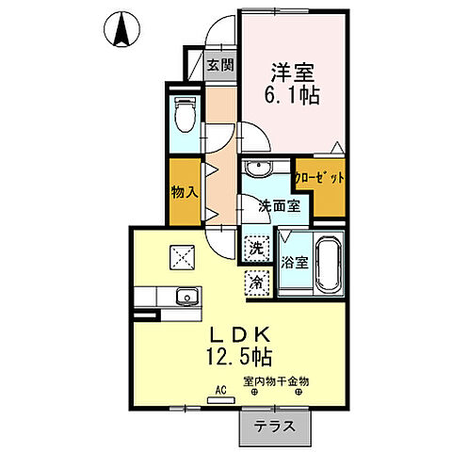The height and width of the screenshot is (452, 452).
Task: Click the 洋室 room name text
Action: tap(294, 70)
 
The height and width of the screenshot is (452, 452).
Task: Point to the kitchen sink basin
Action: tap(187, 297)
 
